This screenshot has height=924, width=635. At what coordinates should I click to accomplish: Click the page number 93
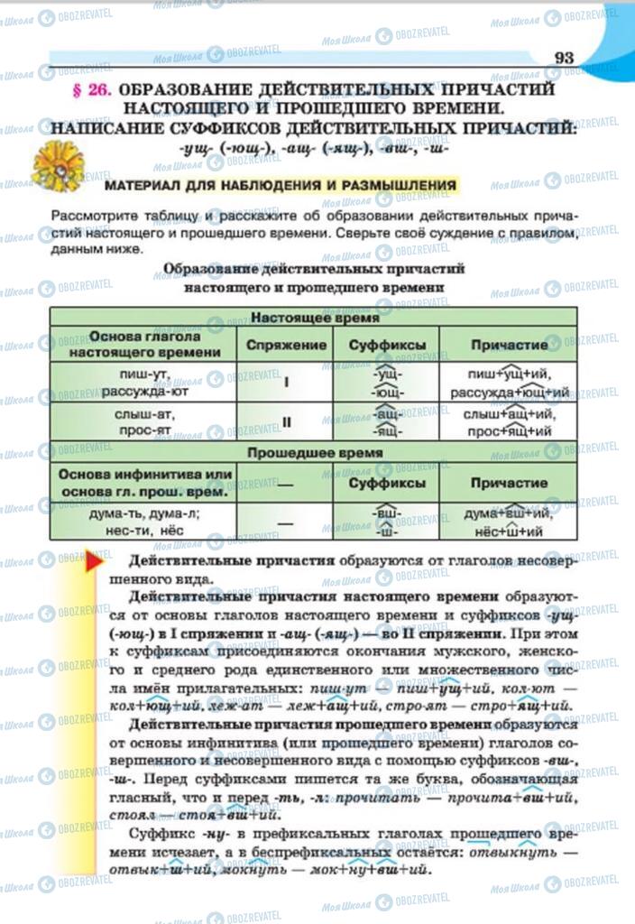(564, 58)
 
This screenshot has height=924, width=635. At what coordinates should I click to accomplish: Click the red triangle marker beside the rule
(93, 565)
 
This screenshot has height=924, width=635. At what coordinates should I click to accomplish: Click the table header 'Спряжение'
(286, 345)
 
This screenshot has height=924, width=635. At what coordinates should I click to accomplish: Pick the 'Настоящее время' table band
(314, 318)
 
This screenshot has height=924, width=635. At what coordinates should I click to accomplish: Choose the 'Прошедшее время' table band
(314, 453)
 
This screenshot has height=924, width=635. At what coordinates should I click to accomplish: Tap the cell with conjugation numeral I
(286, 382)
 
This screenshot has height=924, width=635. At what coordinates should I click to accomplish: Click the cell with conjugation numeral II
(286, 421)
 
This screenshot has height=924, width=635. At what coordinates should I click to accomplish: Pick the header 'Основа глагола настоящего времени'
(144, 345)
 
